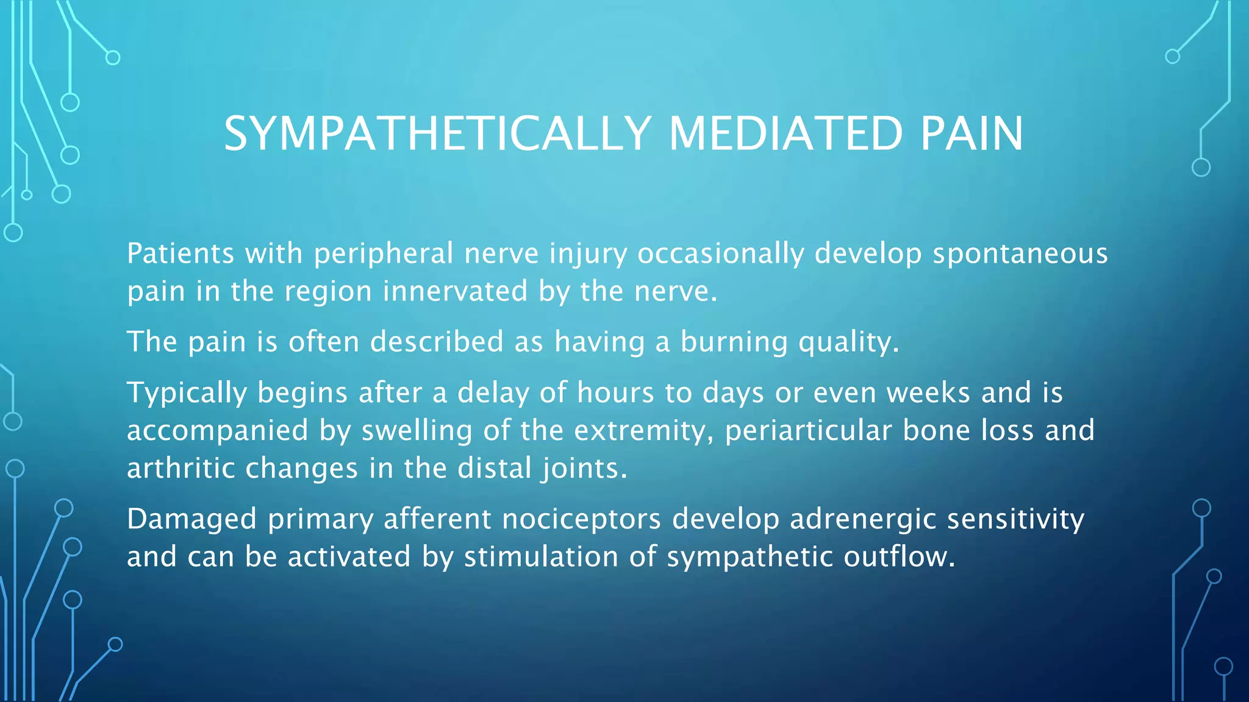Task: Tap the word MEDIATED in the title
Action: click(x=786, y=133)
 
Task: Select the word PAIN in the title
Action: click(x=972, y=133)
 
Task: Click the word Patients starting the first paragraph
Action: click(x=181, y=253)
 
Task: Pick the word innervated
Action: click(x=455, y=291)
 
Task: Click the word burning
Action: click(x=734, y=342)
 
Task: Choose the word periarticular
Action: click(x=808, y=431)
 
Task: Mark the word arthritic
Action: click(x=181, y=469)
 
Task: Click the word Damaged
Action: click(x=191, y=520)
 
